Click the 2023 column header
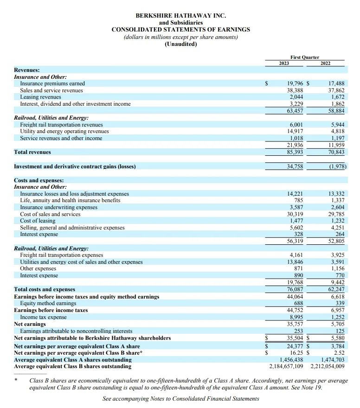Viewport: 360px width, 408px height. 284,64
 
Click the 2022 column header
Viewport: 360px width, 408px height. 326,64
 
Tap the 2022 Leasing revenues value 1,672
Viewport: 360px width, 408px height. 337,97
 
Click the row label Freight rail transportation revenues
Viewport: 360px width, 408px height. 61,125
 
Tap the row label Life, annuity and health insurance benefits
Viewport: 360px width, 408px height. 70,200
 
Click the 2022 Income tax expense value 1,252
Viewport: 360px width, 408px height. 337,317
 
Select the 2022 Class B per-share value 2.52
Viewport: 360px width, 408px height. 339,353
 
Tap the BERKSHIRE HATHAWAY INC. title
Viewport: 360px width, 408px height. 181,16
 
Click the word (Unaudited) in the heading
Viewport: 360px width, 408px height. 181,44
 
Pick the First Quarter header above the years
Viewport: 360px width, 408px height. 305,57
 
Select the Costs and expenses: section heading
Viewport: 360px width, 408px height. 39,180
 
